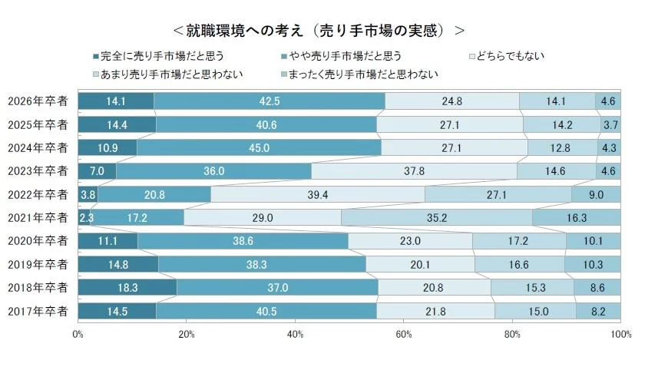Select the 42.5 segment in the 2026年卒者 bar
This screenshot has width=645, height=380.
click(x=270, y=101)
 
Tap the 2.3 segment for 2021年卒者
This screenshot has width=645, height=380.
click(x=84, y=217)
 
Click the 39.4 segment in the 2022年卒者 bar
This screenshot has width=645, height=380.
click(x=317, y=194)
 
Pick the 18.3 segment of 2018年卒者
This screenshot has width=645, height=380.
click(x=127, y=287)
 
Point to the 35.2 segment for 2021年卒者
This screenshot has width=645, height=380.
click(x=436, y=217)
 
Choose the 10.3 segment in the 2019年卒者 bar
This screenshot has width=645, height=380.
click(x=593, y=264)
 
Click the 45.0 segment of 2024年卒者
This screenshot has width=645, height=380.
click(x=259, y=147)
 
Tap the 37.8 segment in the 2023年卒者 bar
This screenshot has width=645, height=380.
click(x=414, y=170)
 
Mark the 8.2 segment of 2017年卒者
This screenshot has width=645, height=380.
click(x=598, y=311)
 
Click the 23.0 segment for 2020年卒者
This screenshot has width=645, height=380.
click(x=410, y=241)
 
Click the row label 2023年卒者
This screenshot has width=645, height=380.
click(x=38, y=171)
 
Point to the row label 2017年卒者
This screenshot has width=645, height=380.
click(x=38, y=311)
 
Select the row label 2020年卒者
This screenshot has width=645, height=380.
click(x=38, y=241)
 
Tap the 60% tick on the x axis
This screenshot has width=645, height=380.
click(x=404, y=335)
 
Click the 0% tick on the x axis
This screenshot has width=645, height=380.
click(x=78, y=335)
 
